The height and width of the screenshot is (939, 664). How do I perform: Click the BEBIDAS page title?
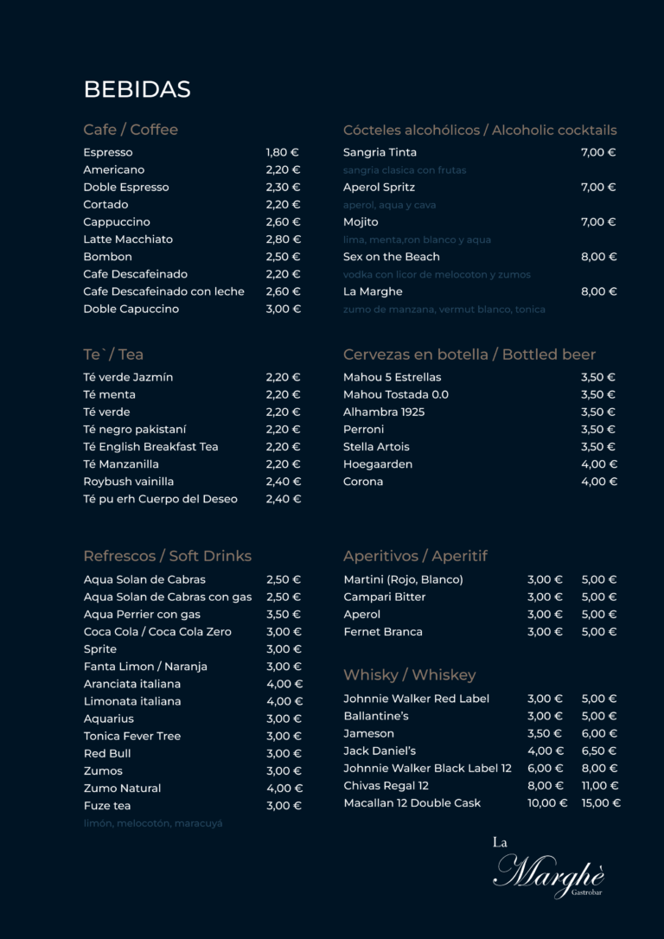point(137,89)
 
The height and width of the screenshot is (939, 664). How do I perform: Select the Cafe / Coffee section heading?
point(131,130)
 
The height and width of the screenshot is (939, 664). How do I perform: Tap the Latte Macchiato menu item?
point(128,240)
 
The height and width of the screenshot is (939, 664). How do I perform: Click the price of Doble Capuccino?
point(284,309)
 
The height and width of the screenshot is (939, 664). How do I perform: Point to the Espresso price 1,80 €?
point(283,152)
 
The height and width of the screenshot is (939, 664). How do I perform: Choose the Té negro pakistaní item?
point(135,430)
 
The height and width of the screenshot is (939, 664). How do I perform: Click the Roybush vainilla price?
point(284,482)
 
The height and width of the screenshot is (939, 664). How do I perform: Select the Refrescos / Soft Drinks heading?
point(167,556)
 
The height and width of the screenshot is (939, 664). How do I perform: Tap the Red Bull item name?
point(107,754)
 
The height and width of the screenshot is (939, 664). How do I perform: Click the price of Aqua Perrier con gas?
point(284,615)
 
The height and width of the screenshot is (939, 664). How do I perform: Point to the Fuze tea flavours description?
point(153,823)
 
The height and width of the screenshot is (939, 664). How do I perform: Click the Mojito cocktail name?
point(361,222)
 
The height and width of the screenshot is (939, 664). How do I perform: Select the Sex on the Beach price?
point(598,257)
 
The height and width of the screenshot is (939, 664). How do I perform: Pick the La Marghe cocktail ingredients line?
point(444,309)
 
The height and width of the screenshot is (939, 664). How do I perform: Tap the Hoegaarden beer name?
point(378,464)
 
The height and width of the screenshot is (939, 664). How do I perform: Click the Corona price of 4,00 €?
point(598,482)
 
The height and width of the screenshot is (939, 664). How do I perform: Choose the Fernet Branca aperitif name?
point(383,632)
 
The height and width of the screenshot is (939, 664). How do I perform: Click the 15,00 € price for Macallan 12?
point(601,803)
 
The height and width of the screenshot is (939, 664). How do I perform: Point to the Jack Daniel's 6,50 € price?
point(599,751)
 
